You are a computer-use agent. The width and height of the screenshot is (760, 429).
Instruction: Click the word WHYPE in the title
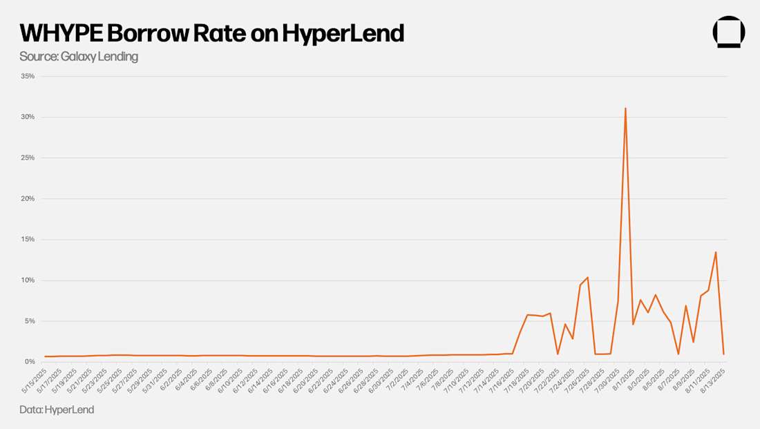[x=60, y=33]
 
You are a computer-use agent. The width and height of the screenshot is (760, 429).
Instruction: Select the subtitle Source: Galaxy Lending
[x=79, y=57]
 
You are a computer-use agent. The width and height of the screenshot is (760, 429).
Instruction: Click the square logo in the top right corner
[x=728, y=32]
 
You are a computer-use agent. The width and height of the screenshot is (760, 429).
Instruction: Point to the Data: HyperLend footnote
[x=57, y=410]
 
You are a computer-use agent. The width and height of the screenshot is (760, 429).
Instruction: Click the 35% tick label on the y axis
[x=28, y=76]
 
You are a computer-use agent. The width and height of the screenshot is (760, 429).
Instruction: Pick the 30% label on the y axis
[x=28, y=117]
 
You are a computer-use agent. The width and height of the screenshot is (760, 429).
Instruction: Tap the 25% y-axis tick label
[x=28, y=158]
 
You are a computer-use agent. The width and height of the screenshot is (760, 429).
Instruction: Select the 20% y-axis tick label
[x=28, y=198]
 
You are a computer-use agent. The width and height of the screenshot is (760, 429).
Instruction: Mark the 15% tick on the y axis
[x=28, y=239]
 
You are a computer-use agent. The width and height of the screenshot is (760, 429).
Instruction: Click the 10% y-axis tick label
[x=28, y=280]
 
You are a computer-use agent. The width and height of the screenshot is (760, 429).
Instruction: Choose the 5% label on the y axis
[x=30, y=321]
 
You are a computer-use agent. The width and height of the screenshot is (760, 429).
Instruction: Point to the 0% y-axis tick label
[x=30, y=361]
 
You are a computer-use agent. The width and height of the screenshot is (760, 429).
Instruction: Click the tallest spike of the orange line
[x=625, y=108]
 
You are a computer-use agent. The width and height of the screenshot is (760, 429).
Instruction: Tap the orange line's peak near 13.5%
[x=716, y=252]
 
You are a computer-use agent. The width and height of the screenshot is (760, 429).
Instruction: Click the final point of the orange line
[x=723, y=354]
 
